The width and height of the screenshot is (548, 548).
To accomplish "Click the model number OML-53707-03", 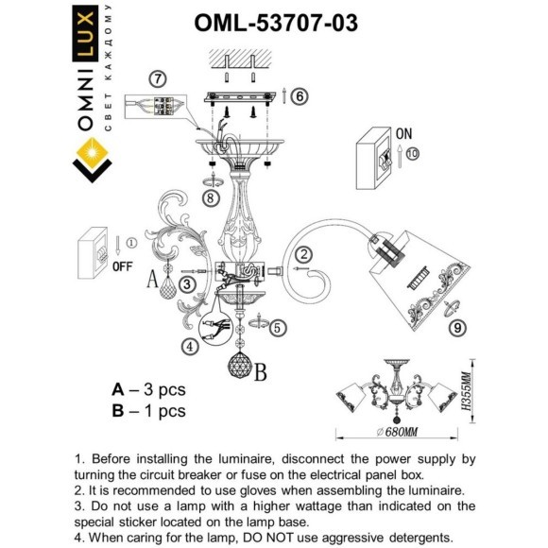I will coord(275,23).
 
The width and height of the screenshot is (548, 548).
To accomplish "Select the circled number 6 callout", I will coord(299,96).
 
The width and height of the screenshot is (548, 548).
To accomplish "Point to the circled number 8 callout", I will coord(211,198).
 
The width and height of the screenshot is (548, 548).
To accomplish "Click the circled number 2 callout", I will coord(302,253).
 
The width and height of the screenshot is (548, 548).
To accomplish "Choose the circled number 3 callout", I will coord(188,283).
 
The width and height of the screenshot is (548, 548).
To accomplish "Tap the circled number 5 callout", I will coord(277,328).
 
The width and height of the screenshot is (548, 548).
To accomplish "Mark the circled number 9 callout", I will coord(456,328).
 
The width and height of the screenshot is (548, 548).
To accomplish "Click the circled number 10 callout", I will coord(412,154).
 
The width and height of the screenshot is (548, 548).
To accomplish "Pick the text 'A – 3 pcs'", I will coord(148,389).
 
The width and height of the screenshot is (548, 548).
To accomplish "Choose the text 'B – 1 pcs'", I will coord(148,410).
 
